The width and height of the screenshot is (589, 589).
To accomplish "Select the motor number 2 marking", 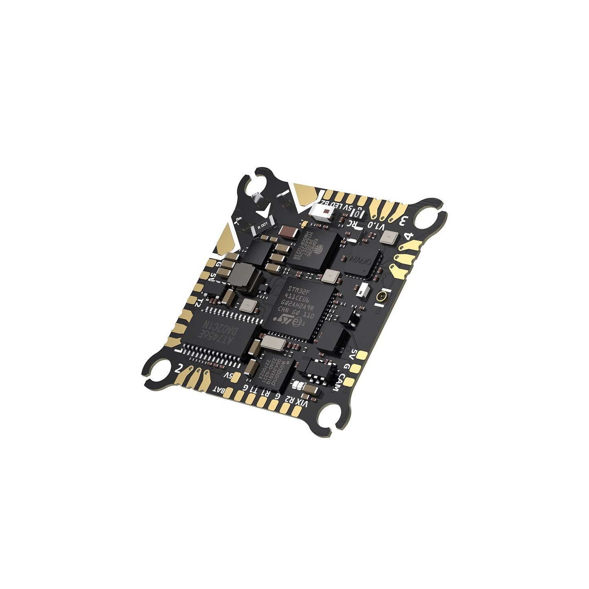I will (178, 368).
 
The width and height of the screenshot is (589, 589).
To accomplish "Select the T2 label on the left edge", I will (199, 303).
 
